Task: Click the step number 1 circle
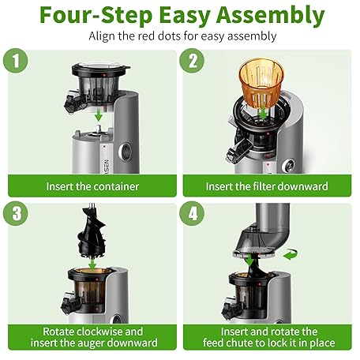16,61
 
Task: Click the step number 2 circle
192,61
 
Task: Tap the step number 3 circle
16,213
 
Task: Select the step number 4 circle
192,213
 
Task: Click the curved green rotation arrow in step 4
291,254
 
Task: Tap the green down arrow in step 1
99,114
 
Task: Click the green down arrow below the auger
92,264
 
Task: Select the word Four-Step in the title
96,16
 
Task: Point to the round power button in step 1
125,152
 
